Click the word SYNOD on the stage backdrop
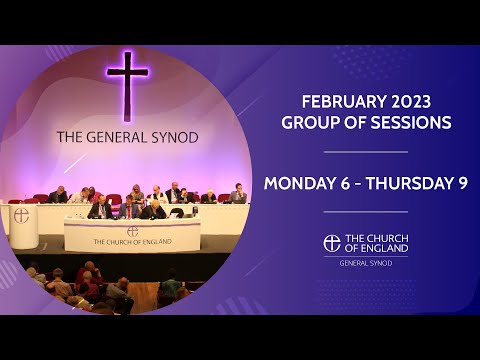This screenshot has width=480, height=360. click(171, 137)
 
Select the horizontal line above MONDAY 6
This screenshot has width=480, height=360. click(365, 152)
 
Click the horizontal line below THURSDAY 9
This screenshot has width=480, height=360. click(365, 212)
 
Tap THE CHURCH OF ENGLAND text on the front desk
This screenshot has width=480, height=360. click(132, 242)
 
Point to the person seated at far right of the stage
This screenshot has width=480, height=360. click(238, 194)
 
